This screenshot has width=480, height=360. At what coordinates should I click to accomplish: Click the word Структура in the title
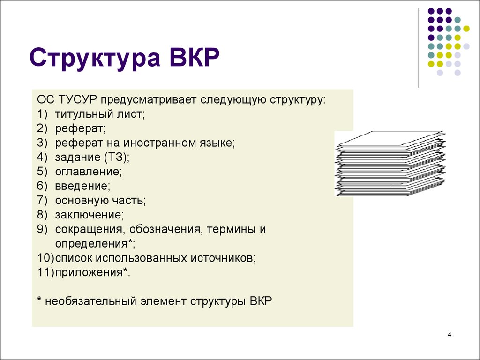[95, 58]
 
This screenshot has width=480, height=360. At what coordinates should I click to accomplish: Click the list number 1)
[43, 114]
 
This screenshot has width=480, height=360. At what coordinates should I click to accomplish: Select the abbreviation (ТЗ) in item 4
[115, 157]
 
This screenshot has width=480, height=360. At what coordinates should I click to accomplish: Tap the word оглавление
[87, 172]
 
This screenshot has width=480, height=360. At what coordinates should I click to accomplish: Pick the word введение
[81, 186]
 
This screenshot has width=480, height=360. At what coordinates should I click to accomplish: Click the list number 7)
[43, 200]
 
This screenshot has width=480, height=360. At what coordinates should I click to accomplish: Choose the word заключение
[88, 215]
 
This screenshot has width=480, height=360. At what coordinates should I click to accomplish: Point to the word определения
[91, 244]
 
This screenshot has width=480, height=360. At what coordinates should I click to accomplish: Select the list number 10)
[45, 258]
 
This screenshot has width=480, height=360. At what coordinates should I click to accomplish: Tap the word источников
[222, 258]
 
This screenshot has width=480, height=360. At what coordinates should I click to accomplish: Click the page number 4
[450, 335]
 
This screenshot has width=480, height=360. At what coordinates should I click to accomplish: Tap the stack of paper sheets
[390, 164]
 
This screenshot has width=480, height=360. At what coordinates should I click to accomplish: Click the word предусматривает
[149, 100]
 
